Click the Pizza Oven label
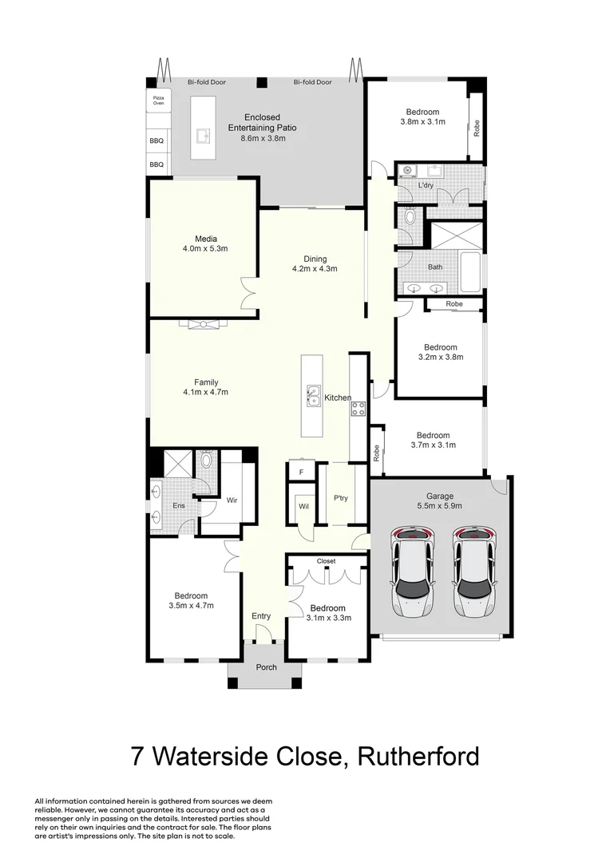(158, 100)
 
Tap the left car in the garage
(413, 571)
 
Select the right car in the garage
(474, 571)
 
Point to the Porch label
(266, 667)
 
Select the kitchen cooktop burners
(358, 409)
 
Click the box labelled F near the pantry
(301, 473)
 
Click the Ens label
(179, 506)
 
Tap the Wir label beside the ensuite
(232, 500)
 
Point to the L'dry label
(426, 185)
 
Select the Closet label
(326, 561)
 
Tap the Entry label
(261, 616)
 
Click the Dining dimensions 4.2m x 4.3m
(315, 269)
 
